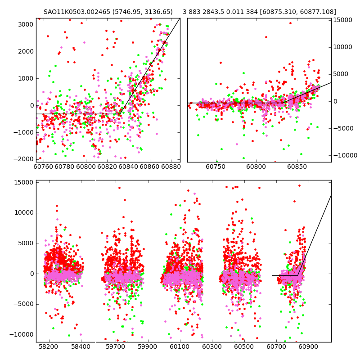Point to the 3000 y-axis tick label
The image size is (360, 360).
(x=26, y=24)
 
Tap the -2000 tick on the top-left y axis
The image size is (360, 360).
(x=24, y=159)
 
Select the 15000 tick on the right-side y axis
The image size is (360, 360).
(x=342, y=20)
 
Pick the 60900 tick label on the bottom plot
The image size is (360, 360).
(x=309, y=347)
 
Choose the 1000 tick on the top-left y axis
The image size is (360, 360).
(x=26, y=78)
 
